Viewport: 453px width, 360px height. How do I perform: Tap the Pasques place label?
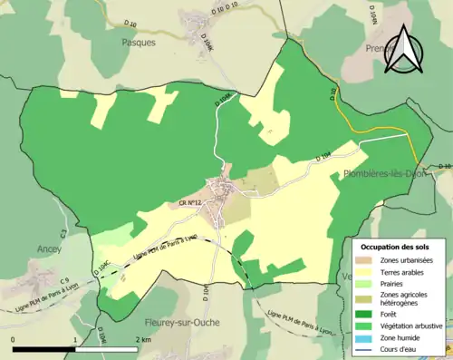(x=139, y=42)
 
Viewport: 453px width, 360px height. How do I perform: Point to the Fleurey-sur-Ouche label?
(x=180, y=322)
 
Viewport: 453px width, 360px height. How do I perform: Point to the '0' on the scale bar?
(x=14, y=339)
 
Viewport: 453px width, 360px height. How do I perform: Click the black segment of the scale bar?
(x=43, y=349)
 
